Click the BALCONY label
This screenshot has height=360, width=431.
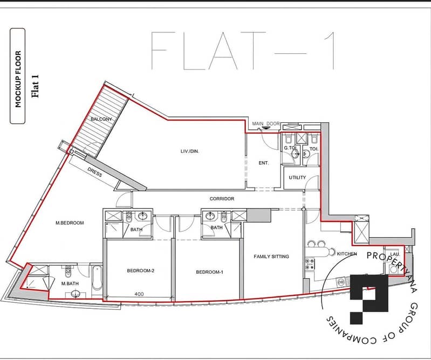(101, 119)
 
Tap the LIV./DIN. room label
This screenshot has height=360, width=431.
(190, 151)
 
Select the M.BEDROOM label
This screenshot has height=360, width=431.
(70, 223)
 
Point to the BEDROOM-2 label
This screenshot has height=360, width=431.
(140, 271)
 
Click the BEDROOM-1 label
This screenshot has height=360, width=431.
(209, 272)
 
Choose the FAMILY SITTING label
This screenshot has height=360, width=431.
(271, 257)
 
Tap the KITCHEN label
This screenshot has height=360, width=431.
(347, 254)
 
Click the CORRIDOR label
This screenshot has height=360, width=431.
(222, 199)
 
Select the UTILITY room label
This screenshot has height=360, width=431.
(297, 178)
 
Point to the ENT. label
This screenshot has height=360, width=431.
(264, 163)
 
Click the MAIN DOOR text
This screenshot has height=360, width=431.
(266, 124)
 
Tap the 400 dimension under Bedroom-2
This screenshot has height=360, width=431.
(139, 294)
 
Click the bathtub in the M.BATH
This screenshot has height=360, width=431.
(97, 278)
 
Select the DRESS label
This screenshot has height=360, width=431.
(95, 172)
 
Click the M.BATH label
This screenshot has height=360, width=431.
(70, 283)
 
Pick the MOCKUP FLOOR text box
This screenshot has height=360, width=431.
(18, 76)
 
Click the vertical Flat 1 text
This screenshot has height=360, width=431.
(35, 86)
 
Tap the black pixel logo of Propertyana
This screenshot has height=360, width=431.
(369, 299)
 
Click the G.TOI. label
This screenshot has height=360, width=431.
(291, 148)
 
